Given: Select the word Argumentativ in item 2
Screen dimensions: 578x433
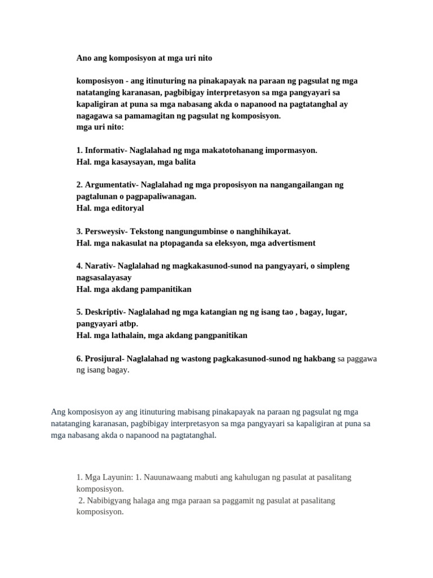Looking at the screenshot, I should [x=111, y=185].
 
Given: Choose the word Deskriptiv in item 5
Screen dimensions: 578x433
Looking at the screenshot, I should [x=105, y=312].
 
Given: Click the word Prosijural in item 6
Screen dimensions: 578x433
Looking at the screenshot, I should [x=104, y=358].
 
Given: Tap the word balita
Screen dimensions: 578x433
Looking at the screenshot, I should [x=184, y=162].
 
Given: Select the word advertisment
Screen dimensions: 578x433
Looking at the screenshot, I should [x=288, y=243].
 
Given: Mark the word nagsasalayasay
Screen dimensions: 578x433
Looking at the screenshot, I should [x=104, y=278].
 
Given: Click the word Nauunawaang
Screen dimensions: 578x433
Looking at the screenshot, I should [x=173, y=477].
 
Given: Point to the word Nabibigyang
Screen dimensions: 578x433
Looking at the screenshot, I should [x=109, y=500].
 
